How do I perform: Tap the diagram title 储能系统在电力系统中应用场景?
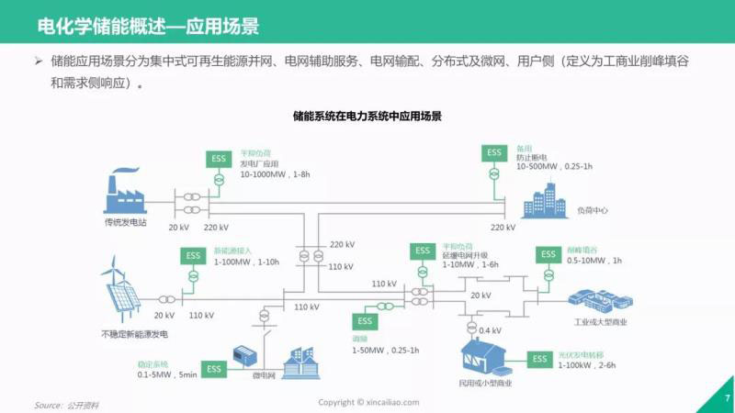coord(367,117)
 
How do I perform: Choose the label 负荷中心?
coord(593,210)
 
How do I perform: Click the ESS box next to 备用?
coord(494,152)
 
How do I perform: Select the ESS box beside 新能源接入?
coord(193,256)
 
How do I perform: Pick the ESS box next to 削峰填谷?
coord(548,254)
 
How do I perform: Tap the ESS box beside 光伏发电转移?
coord(538,359)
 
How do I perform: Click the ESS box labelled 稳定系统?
coord(213,369)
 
